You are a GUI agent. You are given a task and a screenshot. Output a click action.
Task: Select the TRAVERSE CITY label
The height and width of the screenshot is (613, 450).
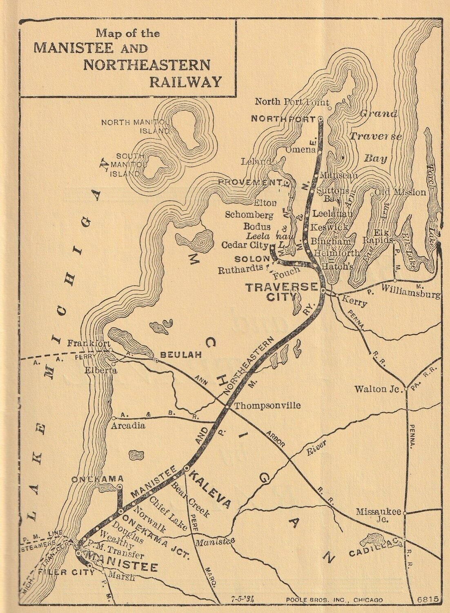pos(281,292)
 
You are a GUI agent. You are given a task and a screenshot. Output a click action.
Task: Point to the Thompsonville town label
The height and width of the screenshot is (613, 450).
pos(268,406)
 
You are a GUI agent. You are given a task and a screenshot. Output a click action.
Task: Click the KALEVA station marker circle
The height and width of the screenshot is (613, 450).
pos(186,468)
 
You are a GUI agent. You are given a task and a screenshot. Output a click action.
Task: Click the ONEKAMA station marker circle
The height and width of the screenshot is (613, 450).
pos(120,487)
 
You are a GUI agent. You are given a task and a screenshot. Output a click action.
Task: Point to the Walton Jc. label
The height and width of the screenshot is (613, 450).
pos(376,389)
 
